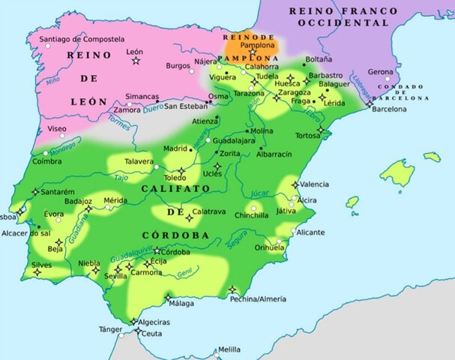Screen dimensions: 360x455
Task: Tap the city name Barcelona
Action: [x=390, y=109]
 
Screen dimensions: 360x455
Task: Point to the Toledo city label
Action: [x=175, y=178]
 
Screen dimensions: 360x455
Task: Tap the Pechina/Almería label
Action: [x=259, y=298]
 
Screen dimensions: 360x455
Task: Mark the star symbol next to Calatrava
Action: [x=189, y=217]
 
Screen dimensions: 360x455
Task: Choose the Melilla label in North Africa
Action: [x=229, y=349]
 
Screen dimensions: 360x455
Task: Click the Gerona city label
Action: [x=380, y=72]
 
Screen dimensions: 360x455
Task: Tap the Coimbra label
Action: [x=47, y=160]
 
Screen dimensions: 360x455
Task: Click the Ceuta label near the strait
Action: [x=153, y=333]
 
